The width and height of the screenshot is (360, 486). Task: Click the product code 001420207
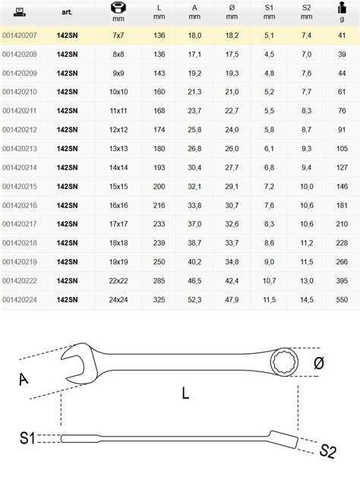[x=20, y=36]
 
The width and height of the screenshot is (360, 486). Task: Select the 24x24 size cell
[x=118, y=300]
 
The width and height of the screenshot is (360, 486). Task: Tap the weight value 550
[x=342, y=300]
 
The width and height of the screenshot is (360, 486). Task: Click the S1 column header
[x=269, y=12]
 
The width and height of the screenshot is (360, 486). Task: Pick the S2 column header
[x=306, y=12]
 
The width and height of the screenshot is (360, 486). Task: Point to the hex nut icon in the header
[x=118, y=8]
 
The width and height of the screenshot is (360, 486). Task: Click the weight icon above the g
[x=342, y=8]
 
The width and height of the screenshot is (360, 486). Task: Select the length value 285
[x=159, y=281]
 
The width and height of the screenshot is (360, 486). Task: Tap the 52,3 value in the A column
[x=194, y=300]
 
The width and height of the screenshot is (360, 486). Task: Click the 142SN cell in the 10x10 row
[x=67, y=92]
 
